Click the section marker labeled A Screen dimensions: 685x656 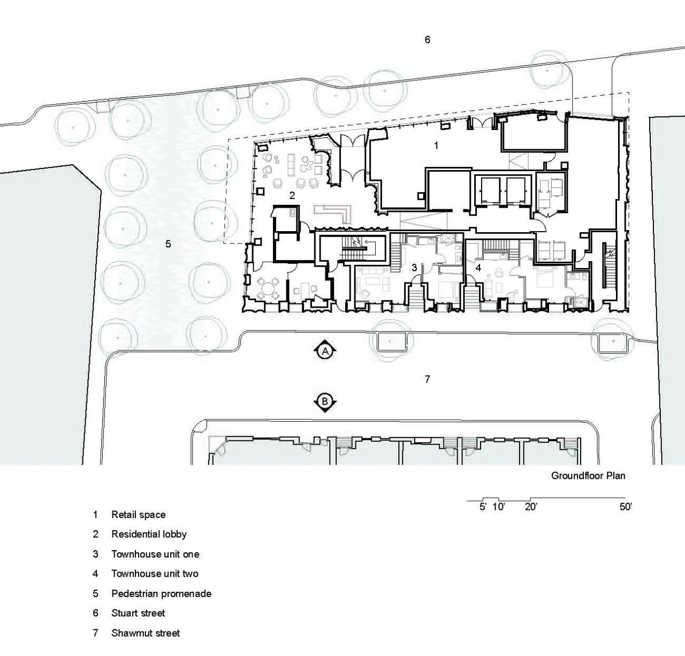(325, 351)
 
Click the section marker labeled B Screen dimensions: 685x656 (325, 401)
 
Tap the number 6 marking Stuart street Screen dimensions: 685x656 (428, 40)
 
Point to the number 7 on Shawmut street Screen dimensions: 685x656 (428, 379)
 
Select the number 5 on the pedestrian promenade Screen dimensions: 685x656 (168, 243)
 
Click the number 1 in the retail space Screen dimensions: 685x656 (437, 145)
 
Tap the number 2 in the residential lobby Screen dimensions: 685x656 (292, 195)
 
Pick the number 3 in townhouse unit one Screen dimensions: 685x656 (414, 268)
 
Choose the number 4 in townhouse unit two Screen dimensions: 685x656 (478, 268)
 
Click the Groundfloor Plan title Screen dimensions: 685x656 (588, 476)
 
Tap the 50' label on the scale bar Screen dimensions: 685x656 (626, 507)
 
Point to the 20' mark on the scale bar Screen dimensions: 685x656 (531, 507)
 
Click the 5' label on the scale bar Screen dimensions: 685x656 (483, 507)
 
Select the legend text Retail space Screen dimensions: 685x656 (138, 515)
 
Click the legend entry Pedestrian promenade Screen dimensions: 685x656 (162, 594)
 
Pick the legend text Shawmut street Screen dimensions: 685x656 (146, 633)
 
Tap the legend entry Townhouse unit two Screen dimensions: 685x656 (155, 574)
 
